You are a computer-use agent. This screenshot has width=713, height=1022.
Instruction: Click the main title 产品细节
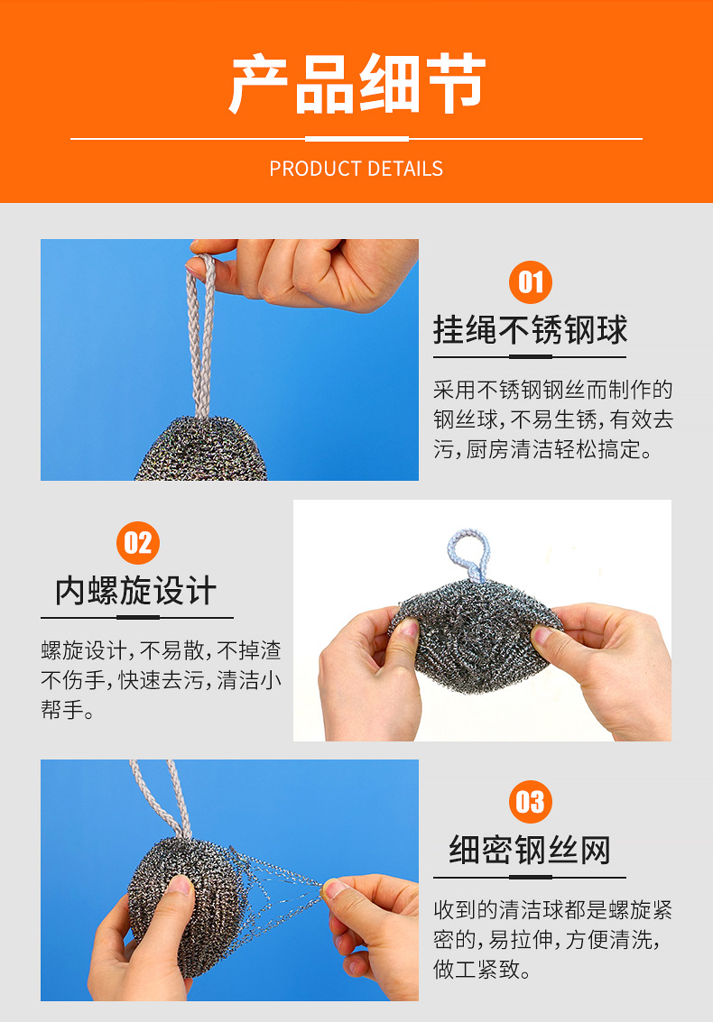coord(356,83)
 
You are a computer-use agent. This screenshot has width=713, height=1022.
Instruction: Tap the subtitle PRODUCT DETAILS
coord(356,169)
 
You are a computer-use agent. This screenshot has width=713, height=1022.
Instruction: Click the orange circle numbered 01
coord(530,282)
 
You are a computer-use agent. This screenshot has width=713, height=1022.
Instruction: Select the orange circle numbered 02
coord(138,543)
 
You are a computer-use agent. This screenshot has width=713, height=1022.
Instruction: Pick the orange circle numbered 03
coord(530,802)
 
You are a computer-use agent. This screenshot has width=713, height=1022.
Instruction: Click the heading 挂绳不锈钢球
coord(530,329)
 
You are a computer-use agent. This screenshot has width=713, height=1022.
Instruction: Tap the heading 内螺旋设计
coord(135,591)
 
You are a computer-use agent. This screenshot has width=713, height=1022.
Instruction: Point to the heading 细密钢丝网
coord(530,850)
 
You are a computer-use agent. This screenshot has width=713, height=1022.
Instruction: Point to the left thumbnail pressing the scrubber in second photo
coord(408,628)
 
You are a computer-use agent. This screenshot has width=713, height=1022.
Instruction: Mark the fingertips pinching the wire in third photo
coord(333,888)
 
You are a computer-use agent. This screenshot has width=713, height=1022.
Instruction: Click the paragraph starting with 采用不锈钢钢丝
coord(553,419)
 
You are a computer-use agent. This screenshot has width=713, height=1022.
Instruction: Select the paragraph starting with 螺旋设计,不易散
coord(162,680)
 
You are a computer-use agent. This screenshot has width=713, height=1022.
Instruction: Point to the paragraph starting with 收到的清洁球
coord(553,939)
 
